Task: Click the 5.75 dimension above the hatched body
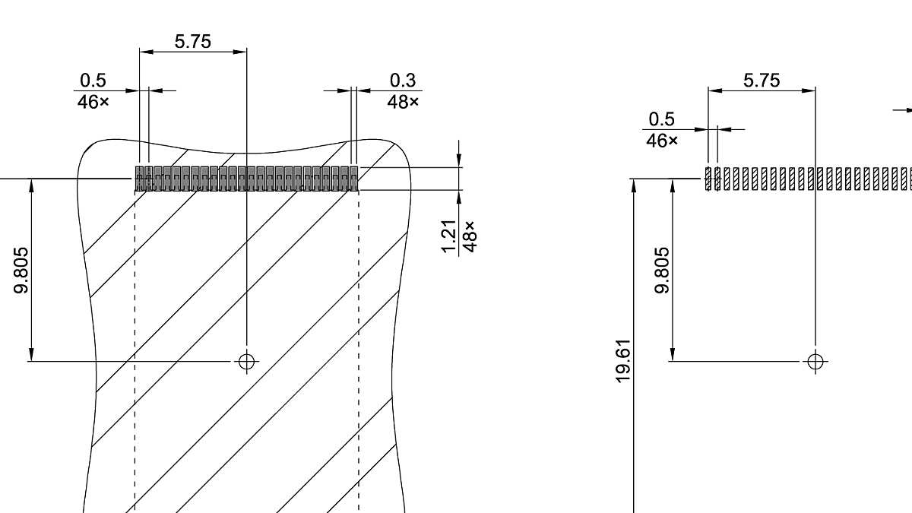(192, 42)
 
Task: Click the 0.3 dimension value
(403, 81)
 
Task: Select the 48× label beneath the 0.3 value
(403, 101)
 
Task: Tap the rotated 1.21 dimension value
(449, 236)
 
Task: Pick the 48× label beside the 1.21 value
(470, 236)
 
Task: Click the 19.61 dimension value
(624, 361)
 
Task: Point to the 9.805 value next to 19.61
(663, 270)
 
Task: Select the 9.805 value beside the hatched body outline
(21, 270)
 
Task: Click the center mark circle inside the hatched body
(246, 361)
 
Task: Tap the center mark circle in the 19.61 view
(815, 361)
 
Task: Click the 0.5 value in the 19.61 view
(661, 119)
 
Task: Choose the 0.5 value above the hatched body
(93, 81)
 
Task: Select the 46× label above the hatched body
(93, 101)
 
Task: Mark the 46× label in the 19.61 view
(661, 141)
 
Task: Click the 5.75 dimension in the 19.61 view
(761, 81)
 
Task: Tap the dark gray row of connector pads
(246, 179)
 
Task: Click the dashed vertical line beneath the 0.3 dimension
(359, 342)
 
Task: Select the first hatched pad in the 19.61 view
(708, 179)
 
